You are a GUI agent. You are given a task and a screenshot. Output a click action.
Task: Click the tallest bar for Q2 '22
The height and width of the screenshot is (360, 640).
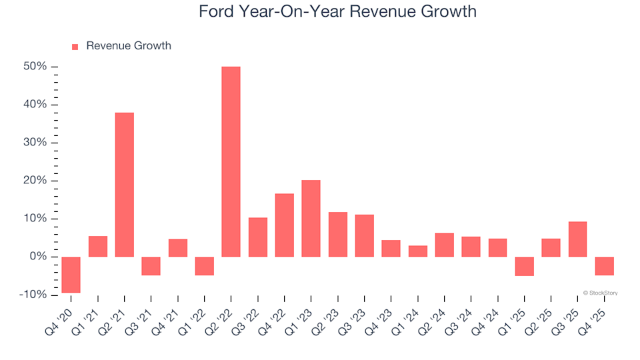click(231, 161)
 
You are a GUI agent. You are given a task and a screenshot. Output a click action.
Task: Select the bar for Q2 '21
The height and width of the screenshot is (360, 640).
click(124, 185)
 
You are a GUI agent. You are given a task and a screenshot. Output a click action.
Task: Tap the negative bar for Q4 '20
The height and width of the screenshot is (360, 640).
click(71, 275)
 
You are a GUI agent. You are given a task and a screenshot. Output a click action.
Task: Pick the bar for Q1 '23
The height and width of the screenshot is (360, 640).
click(311, 219)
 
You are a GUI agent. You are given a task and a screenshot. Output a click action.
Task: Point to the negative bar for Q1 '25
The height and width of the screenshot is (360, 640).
click(524, 266)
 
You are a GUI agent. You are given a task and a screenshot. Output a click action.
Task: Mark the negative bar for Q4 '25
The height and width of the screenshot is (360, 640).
click(604, 266)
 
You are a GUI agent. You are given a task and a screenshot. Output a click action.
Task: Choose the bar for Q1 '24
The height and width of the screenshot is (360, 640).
click(417, 251)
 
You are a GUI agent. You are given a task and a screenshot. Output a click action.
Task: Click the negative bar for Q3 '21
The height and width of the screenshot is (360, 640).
click(151, 266)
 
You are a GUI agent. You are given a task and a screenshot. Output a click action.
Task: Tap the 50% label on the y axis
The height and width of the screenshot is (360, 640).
click(35, 67)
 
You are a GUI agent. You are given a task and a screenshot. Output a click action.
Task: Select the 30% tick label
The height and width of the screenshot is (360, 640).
click(35, 143)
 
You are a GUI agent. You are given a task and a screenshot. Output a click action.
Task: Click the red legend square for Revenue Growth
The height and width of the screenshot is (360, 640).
click(75, 47)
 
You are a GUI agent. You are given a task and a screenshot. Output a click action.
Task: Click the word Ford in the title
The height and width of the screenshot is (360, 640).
click(218, 11)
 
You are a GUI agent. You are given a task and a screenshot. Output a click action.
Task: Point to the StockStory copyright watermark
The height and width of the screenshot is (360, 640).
click(600, 293)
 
